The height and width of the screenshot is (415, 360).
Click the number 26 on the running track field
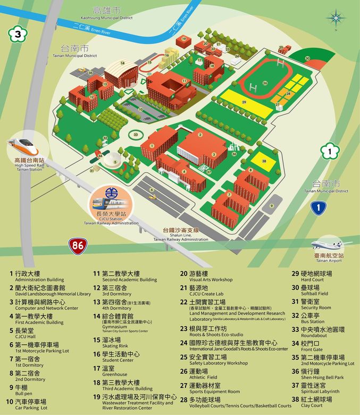coord(265,83)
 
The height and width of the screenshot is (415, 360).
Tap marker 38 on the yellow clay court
coord(264,160)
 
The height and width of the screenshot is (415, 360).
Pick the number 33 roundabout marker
coord(136,135)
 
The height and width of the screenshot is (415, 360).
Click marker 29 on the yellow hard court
coord(244,102)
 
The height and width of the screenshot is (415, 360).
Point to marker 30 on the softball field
coord(307,59)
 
